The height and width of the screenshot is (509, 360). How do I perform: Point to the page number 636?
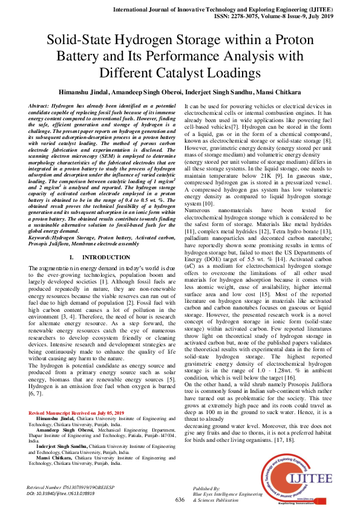tap(180, 499)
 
